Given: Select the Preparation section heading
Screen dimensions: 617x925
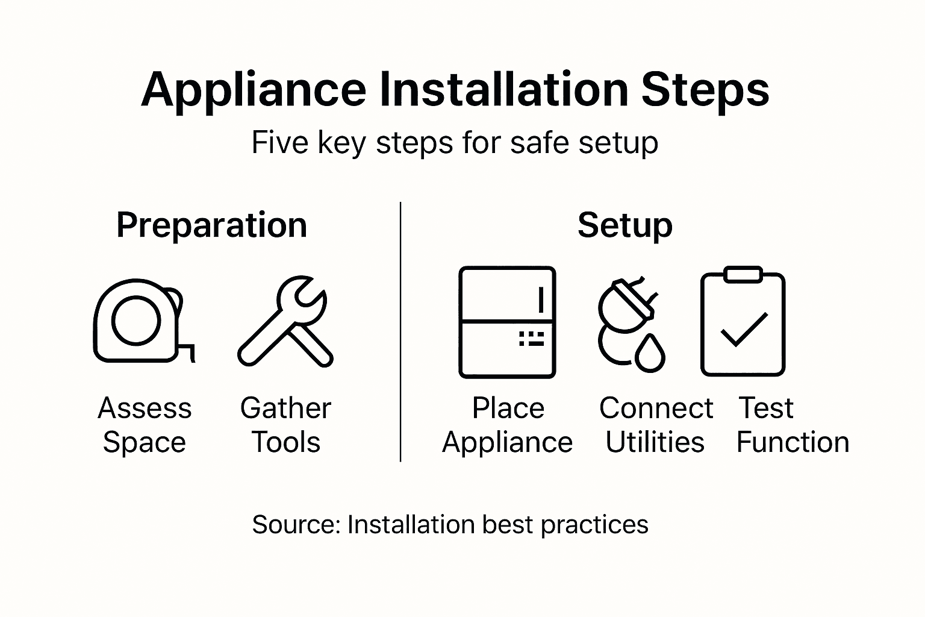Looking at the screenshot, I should tap(211, 225).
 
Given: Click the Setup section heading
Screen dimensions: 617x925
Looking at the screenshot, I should tap(624, 225).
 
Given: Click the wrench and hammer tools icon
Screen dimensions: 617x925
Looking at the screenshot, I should tap(285, 322).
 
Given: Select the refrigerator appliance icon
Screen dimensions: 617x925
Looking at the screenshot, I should tap(506, 322).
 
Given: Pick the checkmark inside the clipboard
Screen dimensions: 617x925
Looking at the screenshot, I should tap(744, 330).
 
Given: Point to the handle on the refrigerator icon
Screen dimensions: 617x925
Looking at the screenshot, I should tap(541, 299).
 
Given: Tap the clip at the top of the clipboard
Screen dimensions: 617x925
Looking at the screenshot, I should tap(743, 275).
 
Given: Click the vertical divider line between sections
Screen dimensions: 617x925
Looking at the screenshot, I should tap(400, 331).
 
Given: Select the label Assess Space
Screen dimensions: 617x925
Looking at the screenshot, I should tap(145, 425).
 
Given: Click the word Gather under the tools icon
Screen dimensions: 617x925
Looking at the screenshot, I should tap(285, 409).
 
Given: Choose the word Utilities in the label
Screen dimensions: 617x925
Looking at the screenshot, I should tap(655, 442).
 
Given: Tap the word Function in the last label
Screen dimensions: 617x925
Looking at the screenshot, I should tap(793, 442).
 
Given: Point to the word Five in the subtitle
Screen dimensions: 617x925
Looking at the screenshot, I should tap(278, 143).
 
